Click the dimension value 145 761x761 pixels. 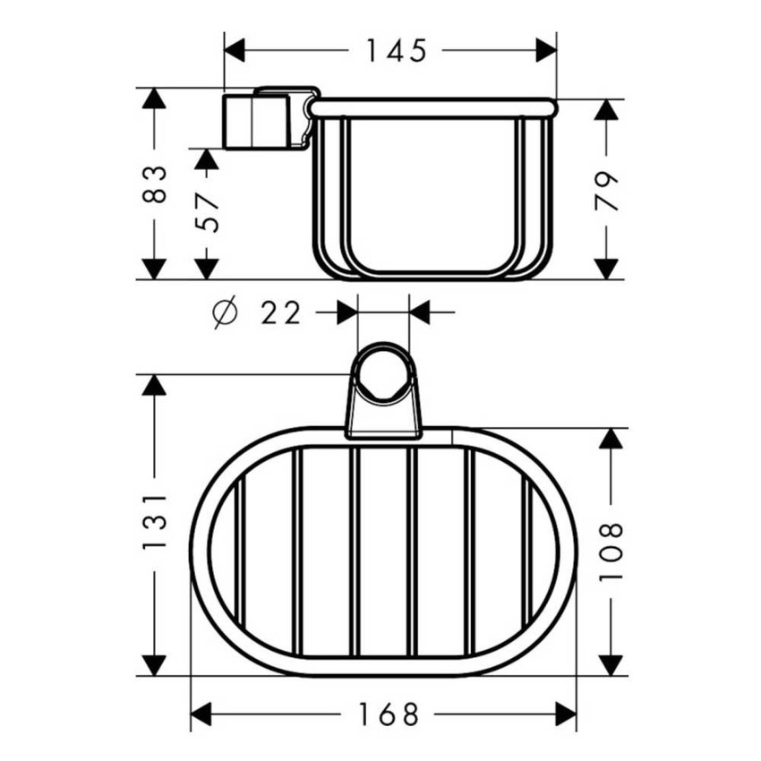click(x=395, y=51)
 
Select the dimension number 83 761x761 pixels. click(x=154, y=184)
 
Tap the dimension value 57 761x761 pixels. click(x=207, y=211)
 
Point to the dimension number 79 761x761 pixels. click(x=608, y=190)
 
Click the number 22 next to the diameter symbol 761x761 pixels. click(x=280, y=313)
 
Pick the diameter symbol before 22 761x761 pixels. click(x=226, y=313)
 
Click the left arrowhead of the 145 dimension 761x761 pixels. click(x=235, y=51)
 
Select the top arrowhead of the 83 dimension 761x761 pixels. click(x=154, y=99)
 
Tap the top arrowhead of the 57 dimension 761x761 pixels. click(x=207, y=160)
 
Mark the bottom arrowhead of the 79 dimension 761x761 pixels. click(x=608, y=268)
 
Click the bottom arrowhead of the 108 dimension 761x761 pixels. click(x=610, y=664)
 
